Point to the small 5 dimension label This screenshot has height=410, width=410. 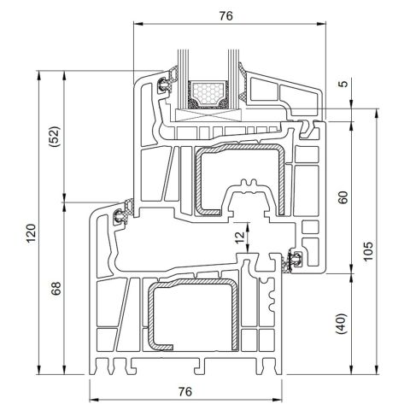[x=342, y=84]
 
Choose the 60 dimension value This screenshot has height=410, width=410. [x=343, y=196]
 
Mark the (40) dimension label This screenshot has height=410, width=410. [x=343, y=325]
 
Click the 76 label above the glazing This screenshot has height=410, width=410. [x=225, y=15]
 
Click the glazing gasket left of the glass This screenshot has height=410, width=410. [x=164, y=84]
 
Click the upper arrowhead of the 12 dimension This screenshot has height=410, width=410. [x=248, y=212]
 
